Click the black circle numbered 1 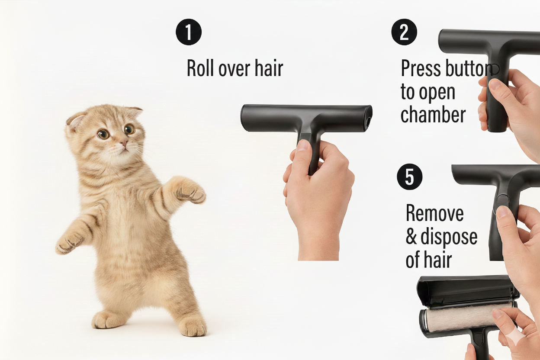point(189,32)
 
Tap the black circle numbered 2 point(404,32)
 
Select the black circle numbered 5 point(410,177)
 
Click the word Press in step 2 point(421,68)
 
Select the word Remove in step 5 point(435,213)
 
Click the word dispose point(449,238)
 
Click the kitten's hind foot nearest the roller point(193,326)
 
